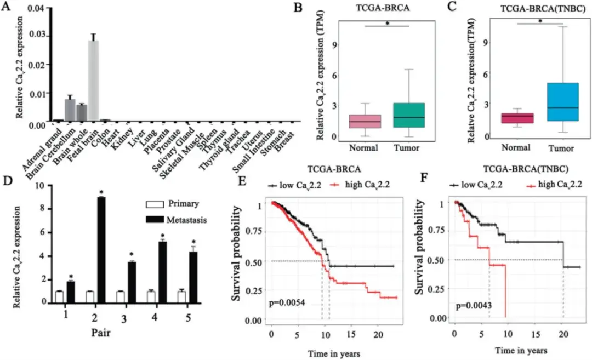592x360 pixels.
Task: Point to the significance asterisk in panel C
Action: tap(540, 21)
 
